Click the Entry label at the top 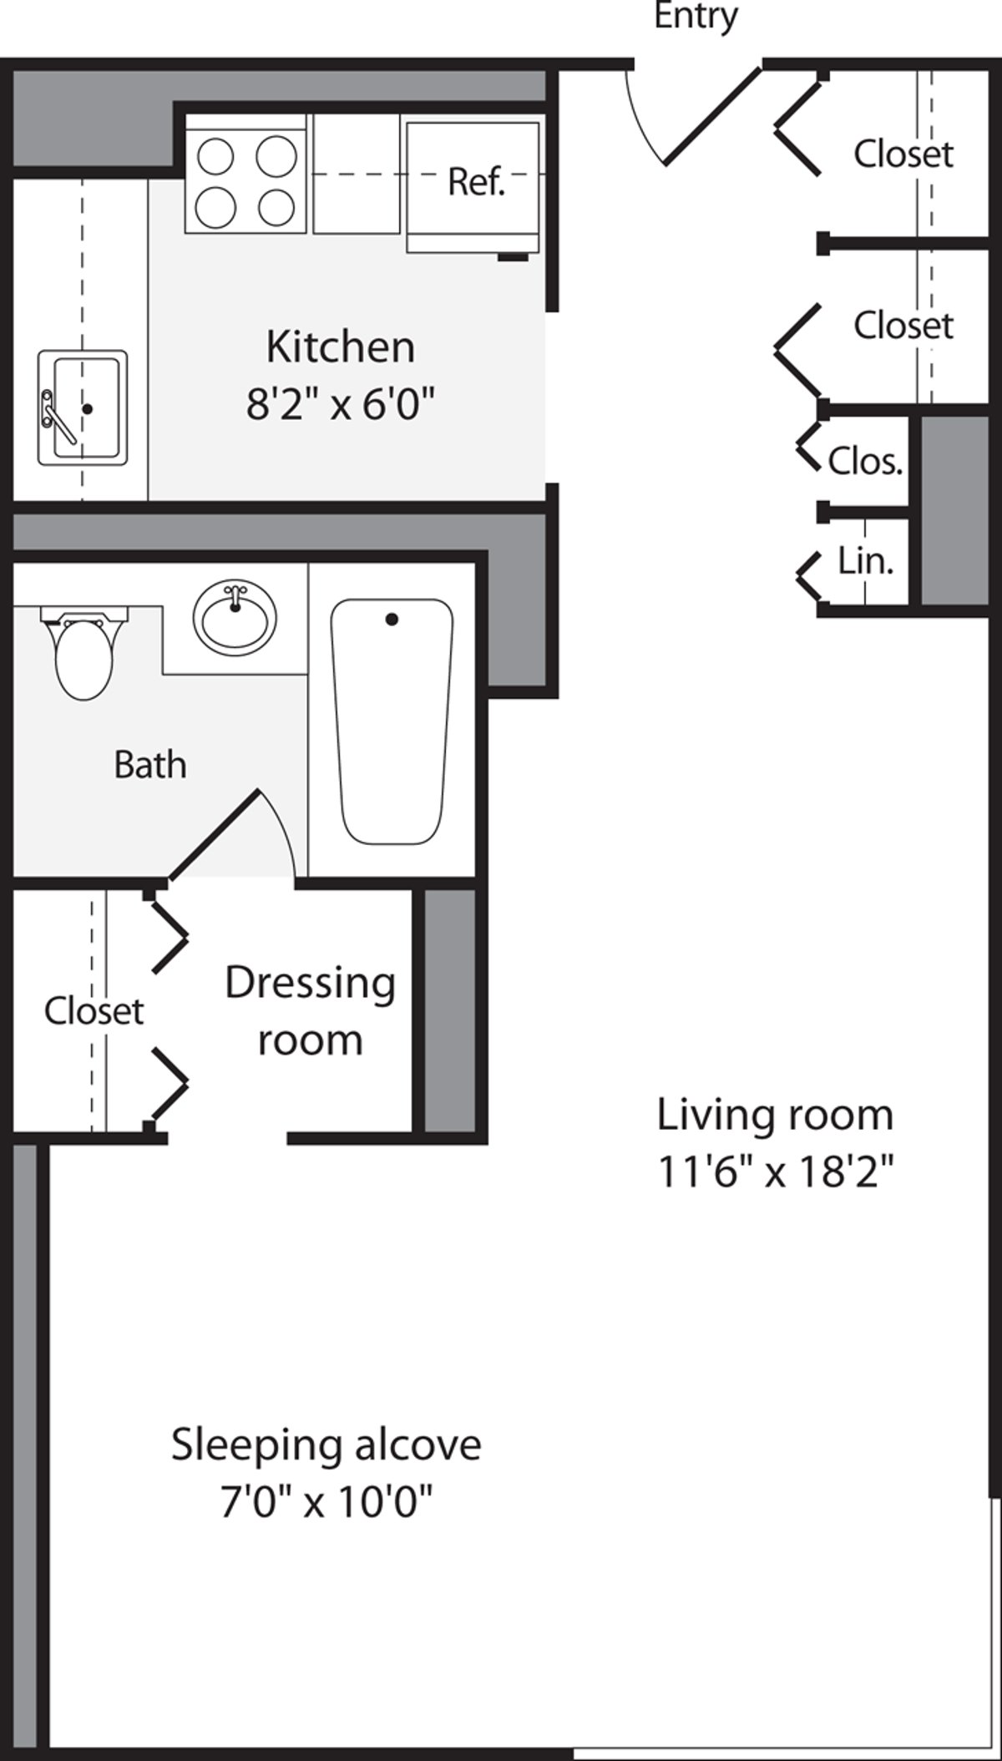click(695, 17)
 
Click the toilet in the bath click(83, 655)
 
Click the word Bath click(149, 765)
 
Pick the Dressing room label click(310, 1011)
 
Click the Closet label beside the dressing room click(94, 1011)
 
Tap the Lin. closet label click(865, 562)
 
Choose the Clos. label click(865, 461)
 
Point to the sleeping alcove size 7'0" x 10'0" click(326, 1504)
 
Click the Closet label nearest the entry click(903, 154)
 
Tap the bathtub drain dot click(392, 620)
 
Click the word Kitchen click(341, 347)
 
